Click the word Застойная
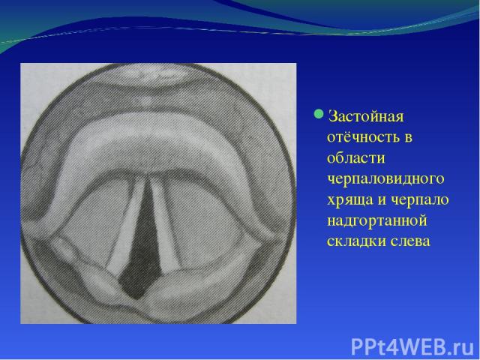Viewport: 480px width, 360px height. (366, 117)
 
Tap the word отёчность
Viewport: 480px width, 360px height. (362, 137)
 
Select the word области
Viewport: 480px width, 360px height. (356, 158)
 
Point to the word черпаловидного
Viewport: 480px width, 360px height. (385, 179)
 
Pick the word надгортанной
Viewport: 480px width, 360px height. (377, 221)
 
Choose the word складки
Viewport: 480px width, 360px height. (356, 241)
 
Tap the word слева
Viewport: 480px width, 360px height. (410, 241)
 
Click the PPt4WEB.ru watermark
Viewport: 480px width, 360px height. (413, 347)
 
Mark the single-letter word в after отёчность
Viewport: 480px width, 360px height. (408, 138)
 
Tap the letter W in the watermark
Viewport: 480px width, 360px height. (400, 347)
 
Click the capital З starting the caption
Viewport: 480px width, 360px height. (331, 117)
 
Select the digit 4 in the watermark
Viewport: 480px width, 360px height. (385, 347)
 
